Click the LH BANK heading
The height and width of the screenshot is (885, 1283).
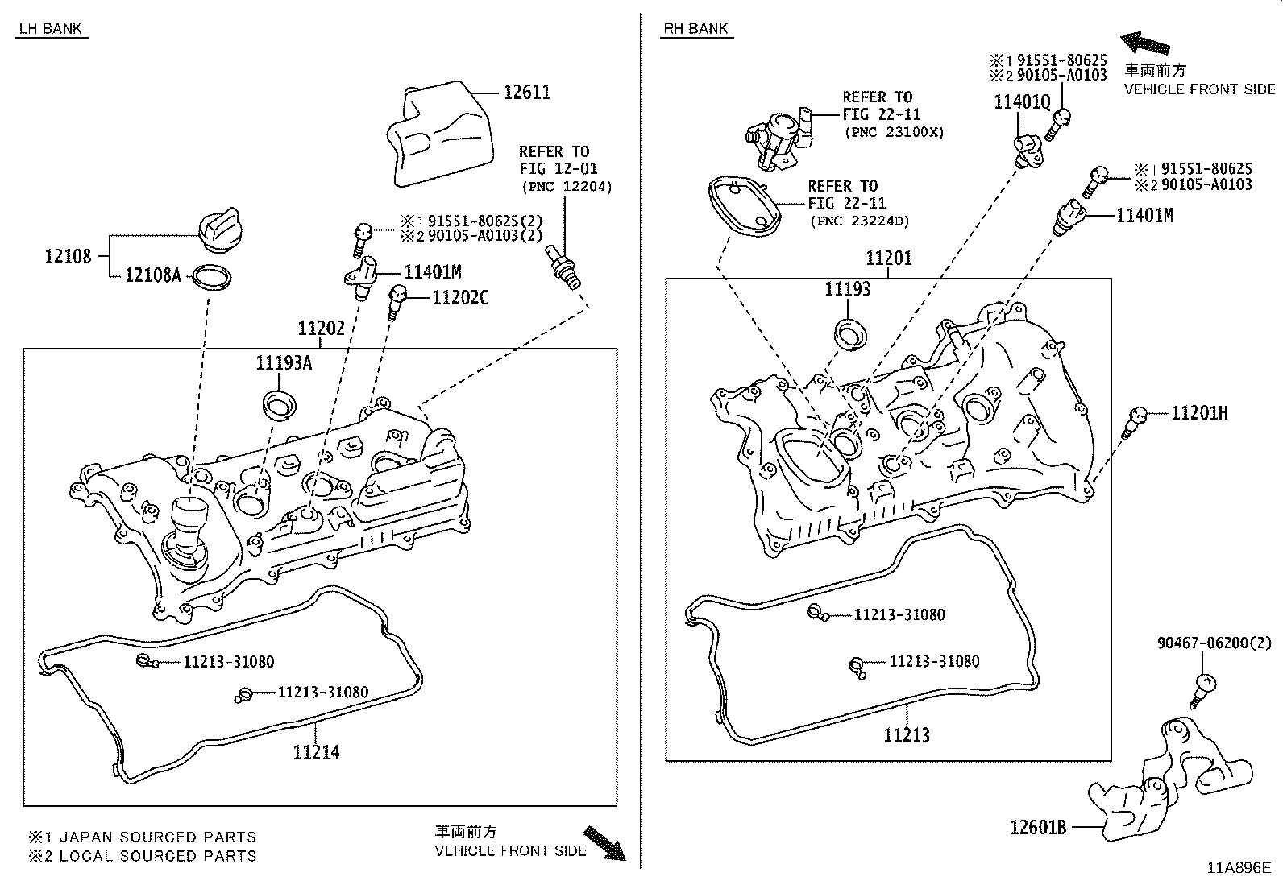(x=50, y=29)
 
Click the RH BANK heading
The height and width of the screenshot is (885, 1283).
(x=695, y=29)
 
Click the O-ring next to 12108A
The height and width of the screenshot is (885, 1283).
(x=212, y=279)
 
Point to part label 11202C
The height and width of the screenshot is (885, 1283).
(x=460, y=297)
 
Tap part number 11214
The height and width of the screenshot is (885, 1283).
(x=316, y=752)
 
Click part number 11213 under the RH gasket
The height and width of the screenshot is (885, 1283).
(x=906, y=734)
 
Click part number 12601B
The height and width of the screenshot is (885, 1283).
(x=1038, y=827)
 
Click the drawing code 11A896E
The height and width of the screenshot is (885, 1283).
(x=1238, y=868)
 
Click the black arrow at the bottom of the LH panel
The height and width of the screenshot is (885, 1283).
(x=604, y=842)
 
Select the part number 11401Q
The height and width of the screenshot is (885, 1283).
(x=1022, y=102)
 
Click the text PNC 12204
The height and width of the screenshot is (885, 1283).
(x=566, y=187)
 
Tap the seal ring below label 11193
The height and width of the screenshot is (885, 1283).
(x=849, y=333)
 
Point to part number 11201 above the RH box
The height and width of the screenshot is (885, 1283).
(x=888, y=258)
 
